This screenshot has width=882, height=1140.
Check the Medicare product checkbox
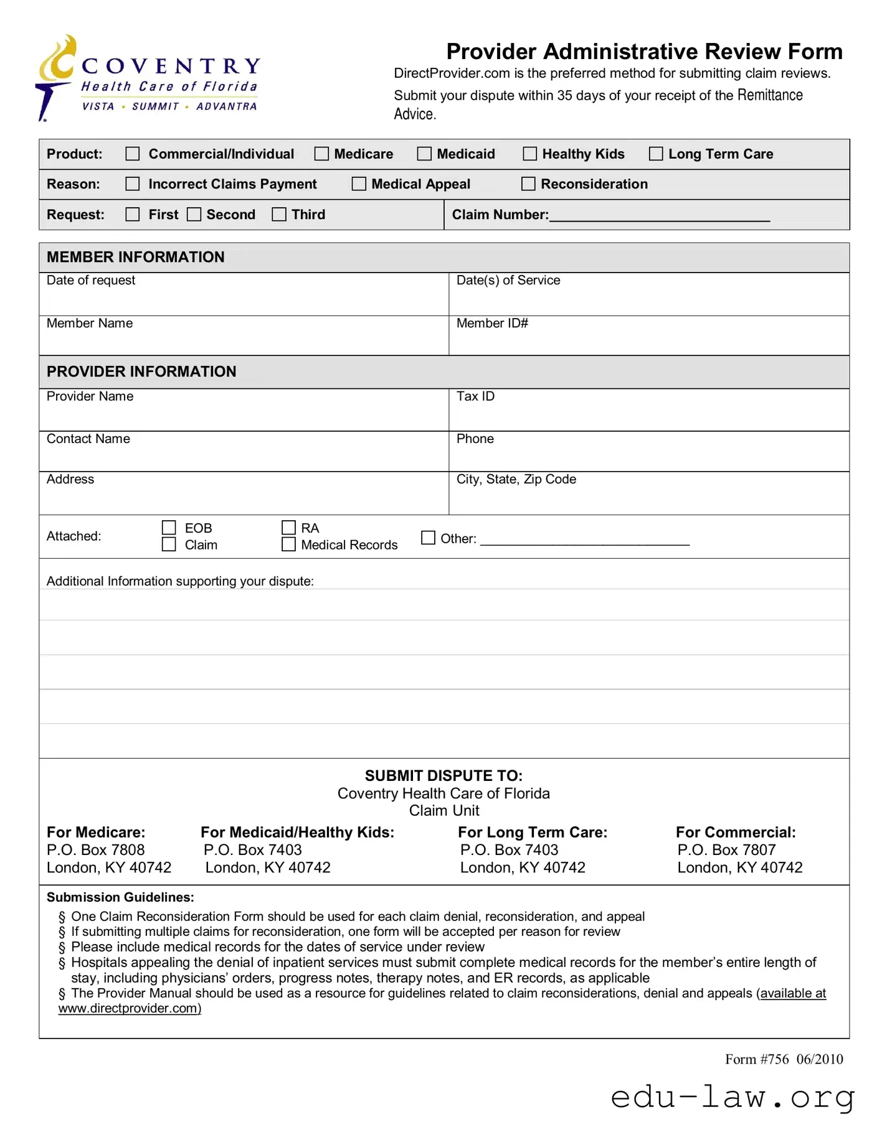(321, 154)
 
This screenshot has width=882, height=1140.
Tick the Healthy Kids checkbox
(529, 154)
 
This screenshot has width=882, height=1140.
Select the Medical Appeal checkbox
(359, 184)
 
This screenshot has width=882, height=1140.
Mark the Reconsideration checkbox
(528, 184)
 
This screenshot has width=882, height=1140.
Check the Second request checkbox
(194, 214)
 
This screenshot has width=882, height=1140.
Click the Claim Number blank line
(659, 215)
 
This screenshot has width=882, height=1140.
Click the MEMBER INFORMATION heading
(135, 257)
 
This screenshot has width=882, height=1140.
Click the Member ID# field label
(492, 323)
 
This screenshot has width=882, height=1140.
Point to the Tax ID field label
(475, 396)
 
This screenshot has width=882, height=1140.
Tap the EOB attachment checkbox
(169, 528)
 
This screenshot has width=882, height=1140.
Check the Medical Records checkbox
(288, 544)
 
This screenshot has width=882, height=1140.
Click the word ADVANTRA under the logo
(226, 106)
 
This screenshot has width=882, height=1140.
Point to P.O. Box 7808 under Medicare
(95, 849)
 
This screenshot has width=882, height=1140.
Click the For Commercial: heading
(736, 832)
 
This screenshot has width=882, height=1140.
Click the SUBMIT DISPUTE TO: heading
(443, 775)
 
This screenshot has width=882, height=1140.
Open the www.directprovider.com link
(130, 1008)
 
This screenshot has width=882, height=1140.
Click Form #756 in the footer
(756, 1059)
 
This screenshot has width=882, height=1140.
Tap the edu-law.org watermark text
(733, 1096)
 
